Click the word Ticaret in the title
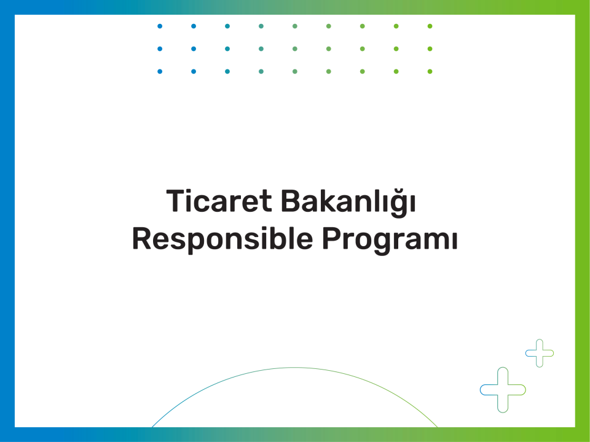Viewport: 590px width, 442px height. click(x=219, y=201)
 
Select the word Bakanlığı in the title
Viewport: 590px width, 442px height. click(x=348, y=202)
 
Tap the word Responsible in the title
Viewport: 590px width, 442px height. click(x=222, y=239)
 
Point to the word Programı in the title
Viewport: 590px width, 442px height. click(x=390, y=241)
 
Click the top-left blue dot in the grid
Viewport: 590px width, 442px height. click(x=160, y=26)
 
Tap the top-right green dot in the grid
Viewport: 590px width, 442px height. click(x=430, y=26)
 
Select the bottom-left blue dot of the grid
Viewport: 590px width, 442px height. click(x=160, y=71)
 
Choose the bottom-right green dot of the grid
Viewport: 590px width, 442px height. click(x=430, y=71)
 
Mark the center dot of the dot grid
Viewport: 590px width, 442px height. click(x=295, y=49)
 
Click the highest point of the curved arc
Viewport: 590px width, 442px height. click(x=294, y=368)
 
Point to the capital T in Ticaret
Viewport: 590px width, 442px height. click(x=176, y=201)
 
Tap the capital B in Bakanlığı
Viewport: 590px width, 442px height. click(x=289, y=201)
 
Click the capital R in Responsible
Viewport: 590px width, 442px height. click(x=141, y=238)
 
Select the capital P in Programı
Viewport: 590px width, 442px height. click(x=331, y=238)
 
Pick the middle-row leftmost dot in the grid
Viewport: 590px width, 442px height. click(x=160, y=49)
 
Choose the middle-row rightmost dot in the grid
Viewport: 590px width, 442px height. click(x=430, y=49)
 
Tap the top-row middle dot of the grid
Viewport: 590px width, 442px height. click(x=295, y=26)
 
